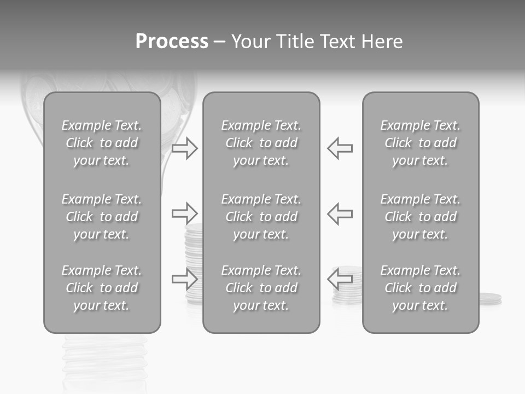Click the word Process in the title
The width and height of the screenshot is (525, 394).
[x=172, y=42]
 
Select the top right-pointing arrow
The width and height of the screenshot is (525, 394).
[x=185, y=148]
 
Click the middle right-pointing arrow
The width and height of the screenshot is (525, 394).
[x=185, y=213]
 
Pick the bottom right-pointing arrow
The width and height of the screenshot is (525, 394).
[x=185, y=279]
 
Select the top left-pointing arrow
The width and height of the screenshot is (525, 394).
[x=340, y=148]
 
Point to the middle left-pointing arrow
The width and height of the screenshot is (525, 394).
[x=340, y=213]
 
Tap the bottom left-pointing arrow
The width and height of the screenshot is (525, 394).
[x=340, y=279]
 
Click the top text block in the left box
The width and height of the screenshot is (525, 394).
[x=102, y=143]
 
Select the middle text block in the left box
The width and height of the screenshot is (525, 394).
[x=102, y=217]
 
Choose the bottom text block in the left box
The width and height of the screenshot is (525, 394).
[x=102, y=288]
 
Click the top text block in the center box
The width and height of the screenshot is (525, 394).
[x=261, y=143]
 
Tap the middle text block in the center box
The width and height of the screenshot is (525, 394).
[x=261, y=217]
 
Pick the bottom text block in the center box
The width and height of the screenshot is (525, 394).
[x=261, y=288]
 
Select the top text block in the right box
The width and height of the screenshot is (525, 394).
[x=421, y=143]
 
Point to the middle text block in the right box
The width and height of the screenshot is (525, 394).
[x=421, y=217]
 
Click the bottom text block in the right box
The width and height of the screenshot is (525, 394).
[x=421, y=288]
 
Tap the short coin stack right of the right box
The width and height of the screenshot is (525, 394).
[x=491, y=299]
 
